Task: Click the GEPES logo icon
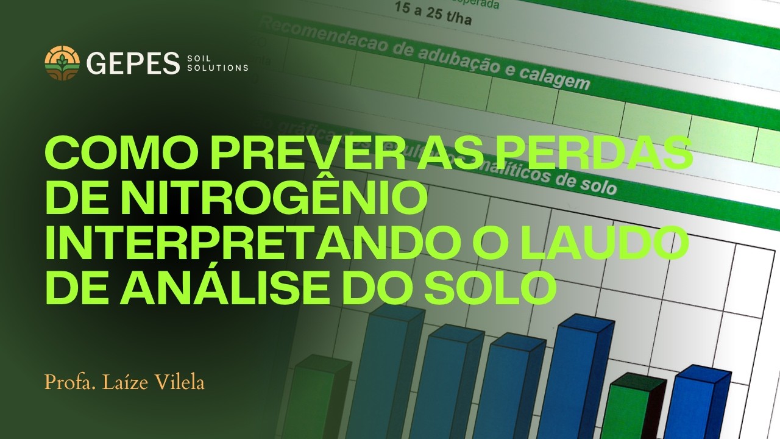click(x=62, y=63)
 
